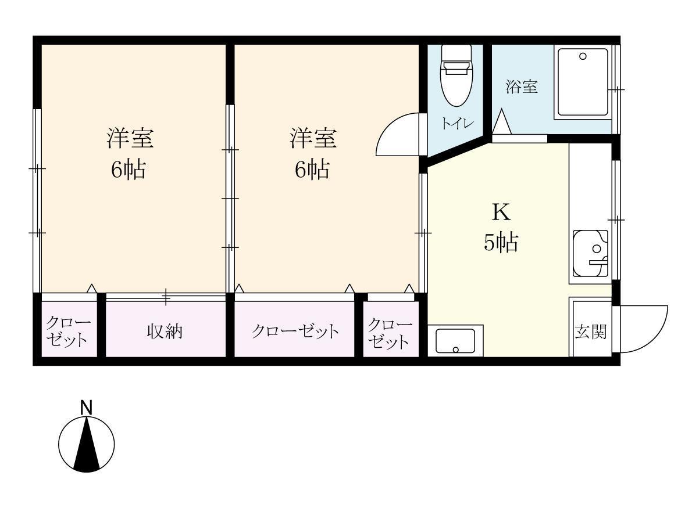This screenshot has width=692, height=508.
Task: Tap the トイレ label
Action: pyautogui.click(x=457, y=123)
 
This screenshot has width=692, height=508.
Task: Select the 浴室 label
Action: pyautogui.click(x=521, y=88)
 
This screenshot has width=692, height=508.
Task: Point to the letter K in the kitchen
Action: pyautogui.click(x=501, y=212)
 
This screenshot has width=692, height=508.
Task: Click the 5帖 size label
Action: pyautogui.click(x=501, y=242)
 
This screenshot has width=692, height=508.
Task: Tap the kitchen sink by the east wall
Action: pyautogui.click(x=590, y=253)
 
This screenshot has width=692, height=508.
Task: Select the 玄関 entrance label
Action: pyautogui.click(x=590, y=332)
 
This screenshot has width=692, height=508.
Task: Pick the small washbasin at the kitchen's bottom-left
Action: pyautogui.click(x=455, y=340)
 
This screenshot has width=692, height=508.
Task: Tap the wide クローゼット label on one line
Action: pyautogui.click(x=295, y=332)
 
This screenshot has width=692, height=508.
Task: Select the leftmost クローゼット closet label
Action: pyautogui.click(x=69, y=332)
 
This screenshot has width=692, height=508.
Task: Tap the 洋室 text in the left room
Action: pyautogui.click(x=130, y=139)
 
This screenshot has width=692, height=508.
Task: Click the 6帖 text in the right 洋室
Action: pyautogui.click(x=312, y=170)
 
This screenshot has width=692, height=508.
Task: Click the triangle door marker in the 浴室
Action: pyautogui.click(x=501, y=123)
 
